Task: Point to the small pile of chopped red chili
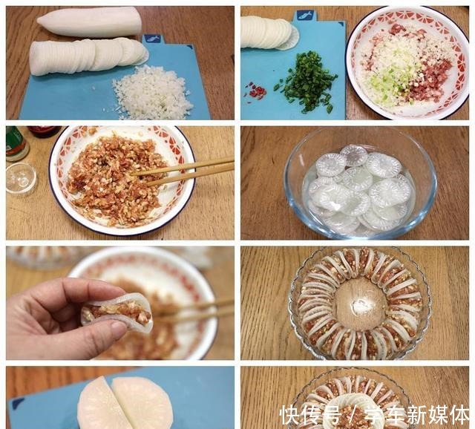(256, 91)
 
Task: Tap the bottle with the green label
(16, 143)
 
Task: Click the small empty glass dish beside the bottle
(20, 177)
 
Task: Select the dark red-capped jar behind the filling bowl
(45, 131)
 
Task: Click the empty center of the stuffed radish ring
(360, 304)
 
